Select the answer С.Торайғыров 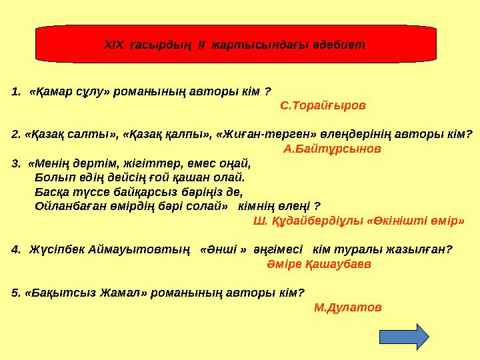point(323,105)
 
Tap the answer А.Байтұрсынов point(332,149)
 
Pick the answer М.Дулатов point(347,307)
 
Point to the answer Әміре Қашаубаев point(319,264)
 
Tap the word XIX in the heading point(115,45)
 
